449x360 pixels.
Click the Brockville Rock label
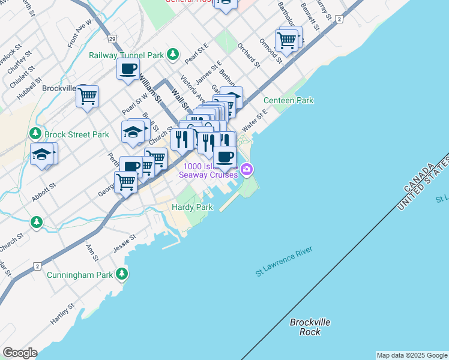tap(310, 327)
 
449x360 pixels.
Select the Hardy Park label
tap(192, 207)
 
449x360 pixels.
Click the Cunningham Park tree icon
tap(122, 274)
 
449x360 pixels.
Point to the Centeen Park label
tap(288, 100)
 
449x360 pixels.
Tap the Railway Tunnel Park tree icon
tap(173, 55)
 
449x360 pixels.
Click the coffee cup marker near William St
tap(128, 69)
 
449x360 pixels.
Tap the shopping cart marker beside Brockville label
tap(88, 95)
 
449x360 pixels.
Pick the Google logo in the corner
tap(20, 353)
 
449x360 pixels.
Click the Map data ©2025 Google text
tap(412, 355)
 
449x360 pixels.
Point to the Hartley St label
tap(62, 314)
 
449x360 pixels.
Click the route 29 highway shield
tap(112, 39)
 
